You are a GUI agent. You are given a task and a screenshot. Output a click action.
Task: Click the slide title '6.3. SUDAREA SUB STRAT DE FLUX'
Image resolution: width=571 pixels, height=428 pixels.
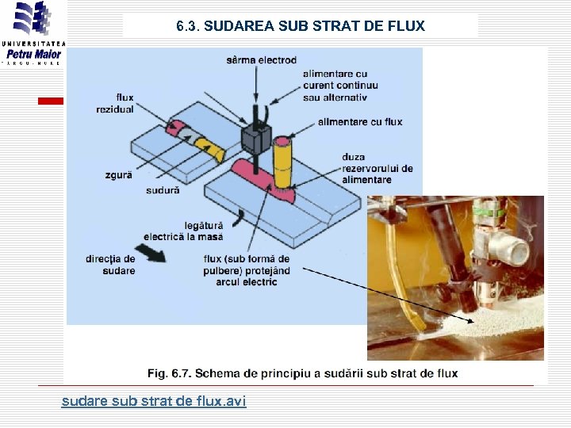point(301,26)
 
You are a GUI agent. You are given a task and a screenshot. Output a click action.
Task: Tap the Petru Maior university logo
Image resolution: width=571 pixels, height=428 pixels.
point(33,36)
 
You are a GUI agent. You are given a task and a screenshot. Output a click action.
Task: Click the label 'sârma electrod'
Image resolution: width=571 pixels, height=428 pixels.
point(261,60)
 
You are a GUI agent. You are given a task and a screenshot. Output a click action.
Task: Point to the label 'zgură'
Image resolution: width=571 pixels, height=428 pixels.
point(118,175)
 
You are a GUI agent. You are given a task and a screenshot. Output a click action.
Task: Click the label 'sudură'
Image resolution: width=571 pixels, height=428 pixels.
point(163,190)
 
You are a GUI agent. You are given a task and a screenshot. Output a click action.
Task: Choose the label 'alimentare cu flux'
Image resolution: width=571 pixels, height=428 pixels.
point(359,122)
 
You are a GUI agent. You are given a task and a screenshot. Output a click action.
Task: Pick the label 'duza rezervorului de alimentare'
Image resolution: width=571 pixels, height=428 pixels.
point(377,168)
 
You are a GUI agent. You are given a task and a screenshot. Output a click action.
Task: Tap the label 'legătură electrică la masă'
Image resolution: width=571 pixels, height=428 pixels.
point(183,231)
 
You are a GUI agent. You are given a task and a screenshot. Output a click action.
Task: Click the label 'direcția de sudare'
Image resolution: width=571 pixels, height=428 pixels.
point(110,265)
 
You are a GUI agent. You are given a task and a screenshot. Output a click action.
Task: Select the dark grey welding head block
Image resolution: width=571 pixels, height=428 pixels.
point(256,139)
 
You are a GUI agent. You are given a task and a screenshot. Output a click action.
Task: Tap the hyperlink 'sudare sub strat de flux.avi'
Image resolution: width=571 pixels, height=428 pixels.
point(154,402)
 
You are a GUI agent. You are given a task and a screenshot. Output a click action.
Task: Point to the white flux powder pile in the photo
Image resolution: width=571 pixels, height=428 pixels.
point(492,321)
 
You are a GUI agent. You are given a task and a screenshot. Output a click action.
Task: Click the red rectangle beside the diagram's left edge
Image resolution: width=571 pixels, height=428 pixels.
point(53,101)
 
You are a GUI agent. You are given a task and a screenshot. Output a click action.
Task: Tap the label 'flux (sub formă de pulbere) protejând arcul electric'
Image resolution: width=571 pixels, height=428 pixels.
point(246,270)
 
